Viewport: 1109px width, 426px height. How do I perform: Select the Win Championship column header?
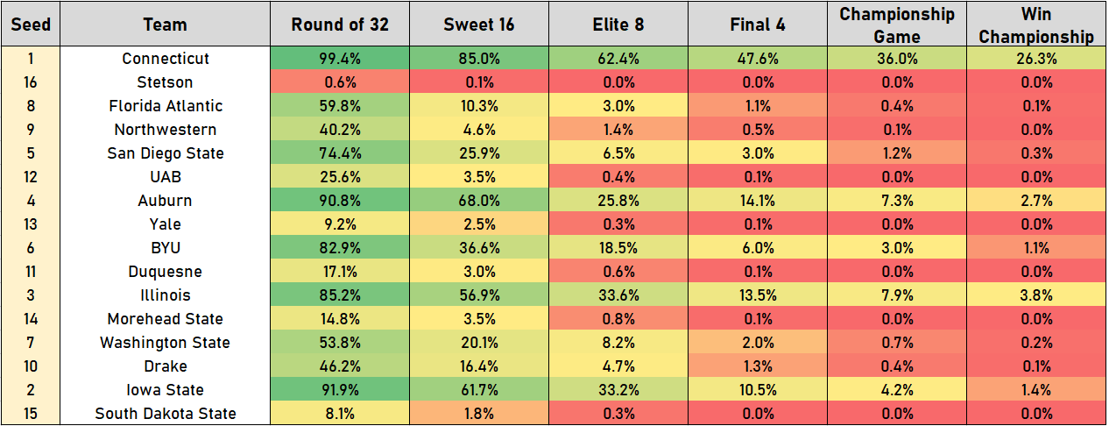(1036, 25)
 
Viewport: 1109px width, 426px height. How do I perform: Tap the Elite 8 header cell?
(617, 25)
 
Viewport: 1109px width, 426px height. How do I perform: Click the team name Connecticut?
(166, 59)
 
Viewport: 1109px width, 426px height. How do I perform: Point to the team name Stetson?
(166, 82)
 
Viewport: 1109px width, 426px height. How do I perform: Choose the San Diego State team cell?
(166, 153)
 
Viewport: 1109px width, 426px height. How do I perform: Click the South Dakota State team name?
(166, 414)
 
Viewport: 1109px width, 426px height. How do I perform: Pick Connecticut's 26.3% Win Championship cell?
(1036, 59)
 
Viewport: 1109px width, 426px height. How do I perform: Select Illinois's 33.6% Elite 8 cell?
(617, 295)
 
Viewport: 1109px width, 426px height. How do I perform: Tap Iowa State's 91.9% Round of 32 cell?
(339, 390)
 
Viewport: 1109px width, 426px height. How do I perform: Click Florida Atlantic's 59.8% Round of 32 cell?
(339, 106)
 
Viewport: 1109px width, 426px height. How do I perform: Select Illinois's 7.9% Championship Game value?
(896, 295)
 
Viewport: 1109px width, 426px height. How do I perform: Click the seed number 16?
(31, 82)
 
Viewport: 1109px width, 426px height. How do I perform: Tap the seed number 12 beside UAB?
(31, 177)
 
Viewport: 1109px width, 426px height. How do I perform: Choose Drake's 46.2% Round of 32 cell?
(339, 366)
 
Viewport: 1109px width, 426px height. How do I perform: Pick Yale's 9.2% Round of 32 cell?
(339, 224)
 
